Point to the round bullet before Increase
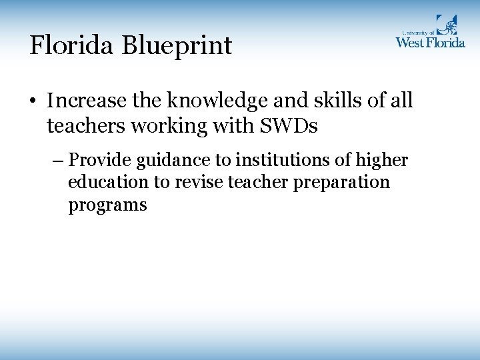tap(33, 102)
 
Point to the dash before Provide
tap(57, 161)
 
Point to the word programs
tap(107, 205)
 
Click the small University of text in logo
tap(417, 31)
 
